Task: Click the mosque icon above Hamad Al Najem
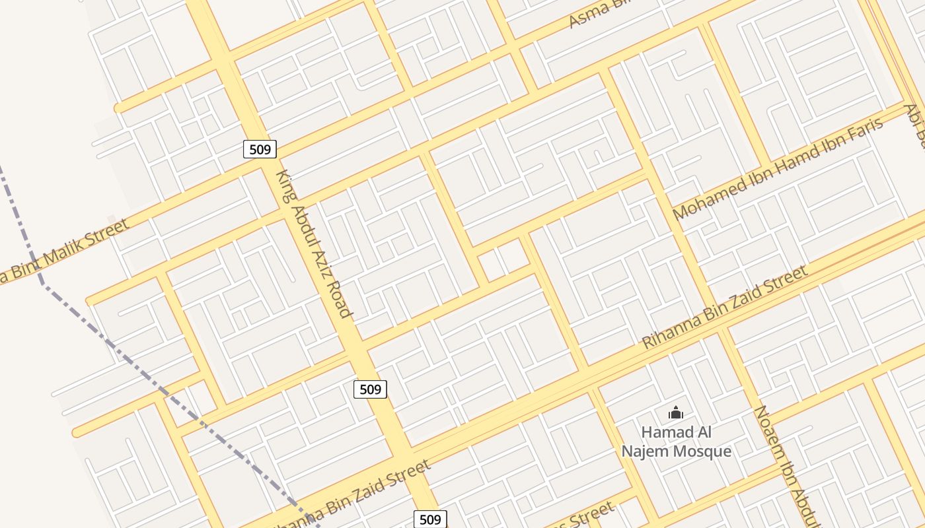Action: (x=675, y=413)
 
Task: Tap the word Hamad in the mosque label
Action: (x=665, y=433)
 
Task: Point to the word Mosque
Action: (x=704, y=451)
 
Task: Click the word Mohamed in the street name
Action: (x=705, y=199)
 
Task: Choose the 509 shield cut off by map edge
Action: (x=430, y=519)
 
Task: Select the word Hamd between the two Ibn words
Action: (x=790, y=162)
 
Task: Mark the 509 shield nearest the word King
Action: (x=260, y=149)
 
